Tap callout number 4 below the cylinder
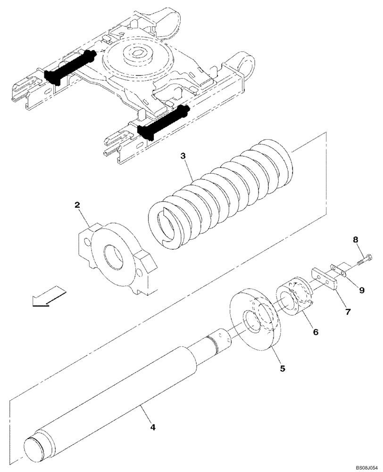tap(152, 427)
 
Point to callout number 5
tap(282, 368)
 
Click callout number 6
tap(316, 332)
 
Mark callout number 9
tap(362, 291)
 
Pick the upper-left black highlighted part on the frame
tap(70, 68)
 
